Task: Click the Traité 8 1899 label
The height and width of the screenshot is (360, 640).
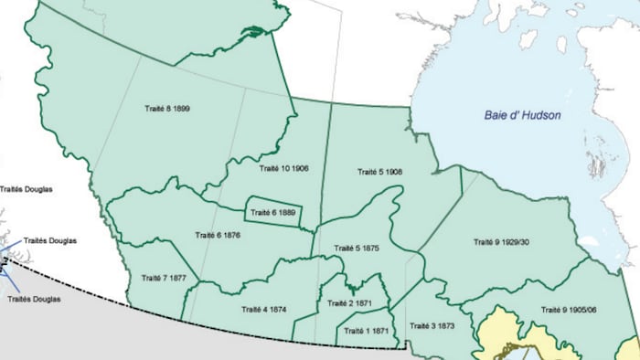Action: pyautogui.click(x=166, y=108)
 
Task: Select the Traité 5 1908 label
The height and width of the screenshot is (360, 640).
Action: pyautogui.click(x=379, y=172)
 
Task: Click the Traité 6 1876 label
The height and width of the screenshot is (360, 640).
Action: pyautogui.click(x=218, y=235)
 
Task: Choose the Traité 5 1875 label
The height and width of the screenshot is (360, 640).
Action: pyautogui.click(x=356, y=248)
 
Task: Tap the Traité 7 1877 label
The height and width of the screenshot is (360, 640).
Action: pyautogui.click(x=165, y=277)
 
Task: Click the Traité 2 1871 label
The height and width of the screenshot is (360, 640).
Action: pyautogui.click(x=348, y=302)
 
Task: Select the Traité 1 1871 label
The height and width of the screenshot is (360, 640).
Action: pyautogui.click(x=368, y=331)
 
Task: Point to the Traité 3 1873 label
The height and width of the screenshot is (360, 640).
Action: pyautogui.click(x=432, y=325)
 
